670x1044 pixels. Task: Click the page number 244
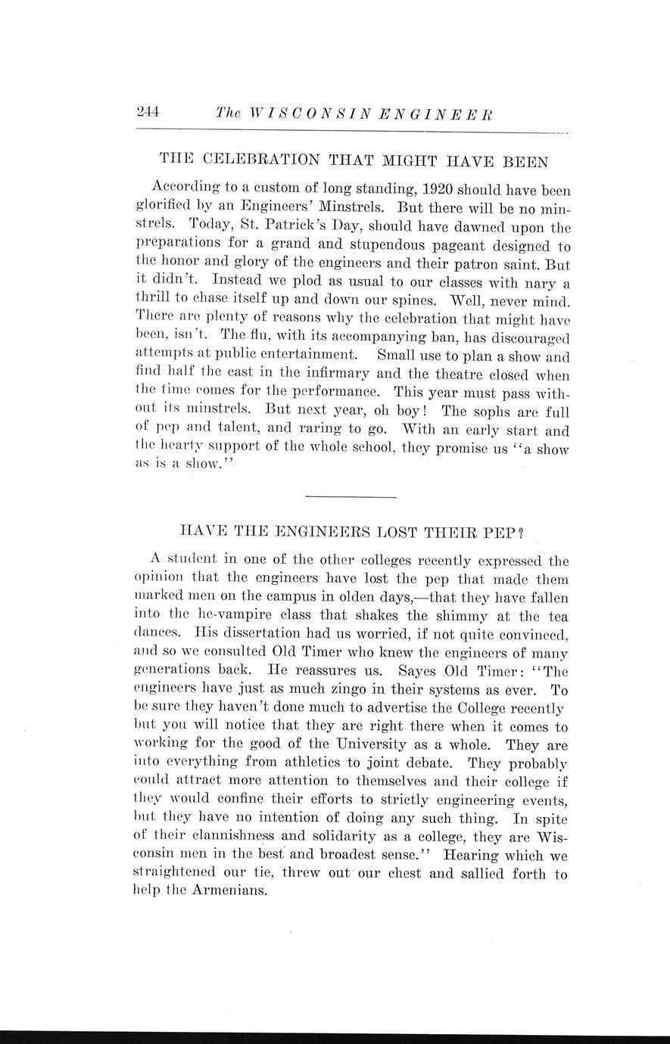pos(148,112)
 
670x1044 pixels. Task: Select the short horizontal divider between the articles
pos(351,496)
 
